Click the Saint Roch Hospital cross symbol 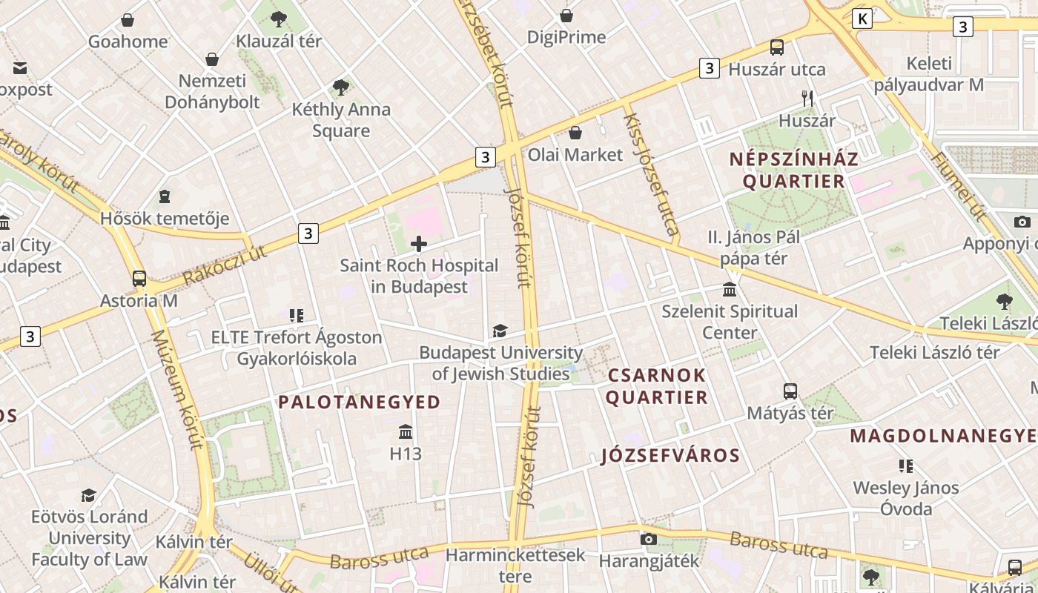tap(419, 243)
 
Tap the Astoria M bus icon tap(139, 279)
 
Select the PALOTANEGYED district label tap(359, 402)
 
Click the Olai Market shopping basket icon tap(575, 133)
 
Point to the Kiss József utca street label tap(652, 174)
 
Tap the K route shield tap(862, 19)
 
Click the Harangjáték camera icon tap(649, 539)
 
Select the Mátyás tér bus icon tap(790, 391)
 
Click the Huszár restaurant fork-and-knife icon tap(807, 98)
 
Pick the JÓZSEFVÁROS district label tap(670, 455)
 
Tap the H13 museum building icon tap(406, 431)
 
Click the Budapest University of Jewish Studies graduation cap tap(500, 331)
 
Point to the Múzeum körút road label tap(176, 389)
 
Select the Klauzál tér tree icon tap(279, 19)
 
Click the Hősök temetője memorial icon tap(165, 196)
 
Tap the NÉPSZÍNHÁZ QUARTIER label tap(793, 170)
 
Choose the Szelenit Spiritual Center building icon tap(730, 289)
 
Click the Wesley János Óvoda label tap(905, 498)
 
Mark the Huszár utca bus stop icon tap(776, 47)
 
